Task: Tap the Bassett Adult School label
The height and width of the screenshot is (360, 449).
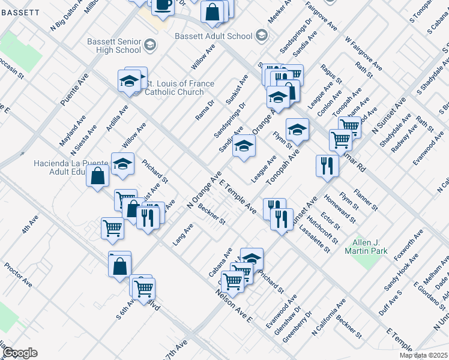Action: click(214, 36)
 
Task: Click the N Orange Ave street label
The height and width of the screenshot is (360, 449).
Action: click(204, 192)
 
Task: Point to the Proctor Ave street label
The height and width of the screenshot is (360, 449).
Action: click(19, 274)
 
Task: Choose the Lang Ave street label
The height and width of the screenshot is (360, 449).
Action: click(183, 234)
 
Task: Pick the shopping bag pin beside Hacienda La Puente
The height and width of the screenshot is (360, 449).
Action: click(97, 176)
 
